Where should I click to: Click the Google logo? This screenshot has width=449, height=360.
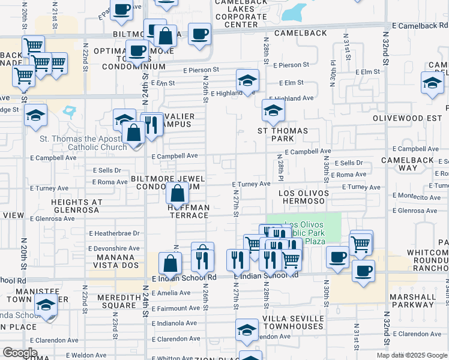coord(20,353)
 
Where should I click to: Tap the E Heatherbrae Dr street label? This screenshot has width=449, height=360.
coord(113,233)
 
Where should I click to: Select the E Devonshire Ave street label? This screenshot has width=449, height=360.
coord(113,248)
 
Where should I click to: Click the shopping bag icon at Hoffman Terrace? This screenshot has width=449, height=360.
coord(177,193)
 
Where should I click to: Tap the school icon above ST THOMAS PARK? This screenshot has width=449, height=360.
coord(273,110)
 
